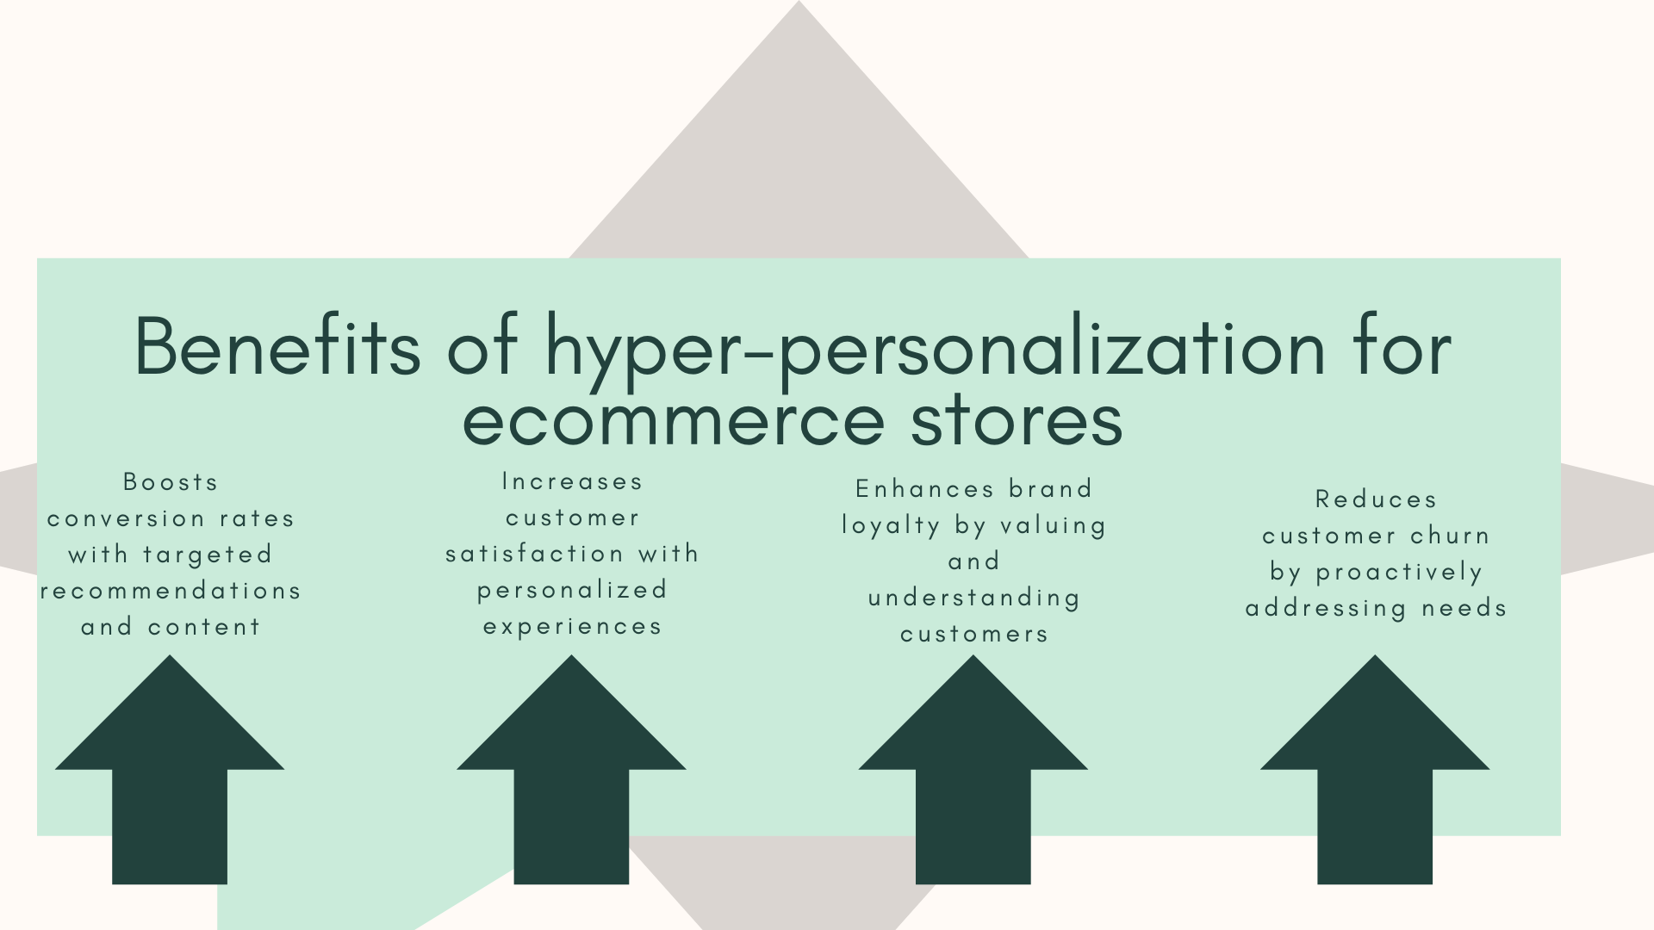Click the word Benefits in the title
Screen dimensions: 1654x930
(x=278, y=346)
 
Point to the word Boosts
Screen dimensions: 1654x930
(x=171, y=481)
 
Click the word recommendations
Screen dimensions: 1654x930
(x=171, y=591)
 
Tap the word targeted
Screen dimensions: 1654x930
(x=208, y=555)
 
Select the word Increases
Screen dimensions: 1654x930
(x=573, y=481)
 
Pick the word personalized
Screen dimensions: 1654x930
(x=573, y=591)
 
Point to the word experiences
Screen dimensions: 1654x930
(x=573, y=627)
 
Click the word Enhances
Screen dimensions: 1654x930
(x=925, y=489)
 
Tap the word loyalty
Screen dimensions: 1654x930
(x=891, y=526)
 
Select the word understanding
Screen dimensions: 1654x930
(x=974, y=598)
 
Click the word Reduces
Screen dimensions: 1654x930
(x=1376, y=499)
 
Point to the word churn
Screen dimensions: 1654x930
(x=1450, y=536)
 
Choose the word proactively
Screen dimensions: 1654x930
(x=1399, y=573)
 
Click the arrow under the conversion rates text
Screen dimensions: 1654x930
(x=170, y=769)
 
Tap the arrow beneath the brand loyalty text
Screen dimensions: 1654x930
(x=973, y=769)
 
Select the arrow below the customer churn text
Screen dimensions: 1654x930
(x=1375, y=769)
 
